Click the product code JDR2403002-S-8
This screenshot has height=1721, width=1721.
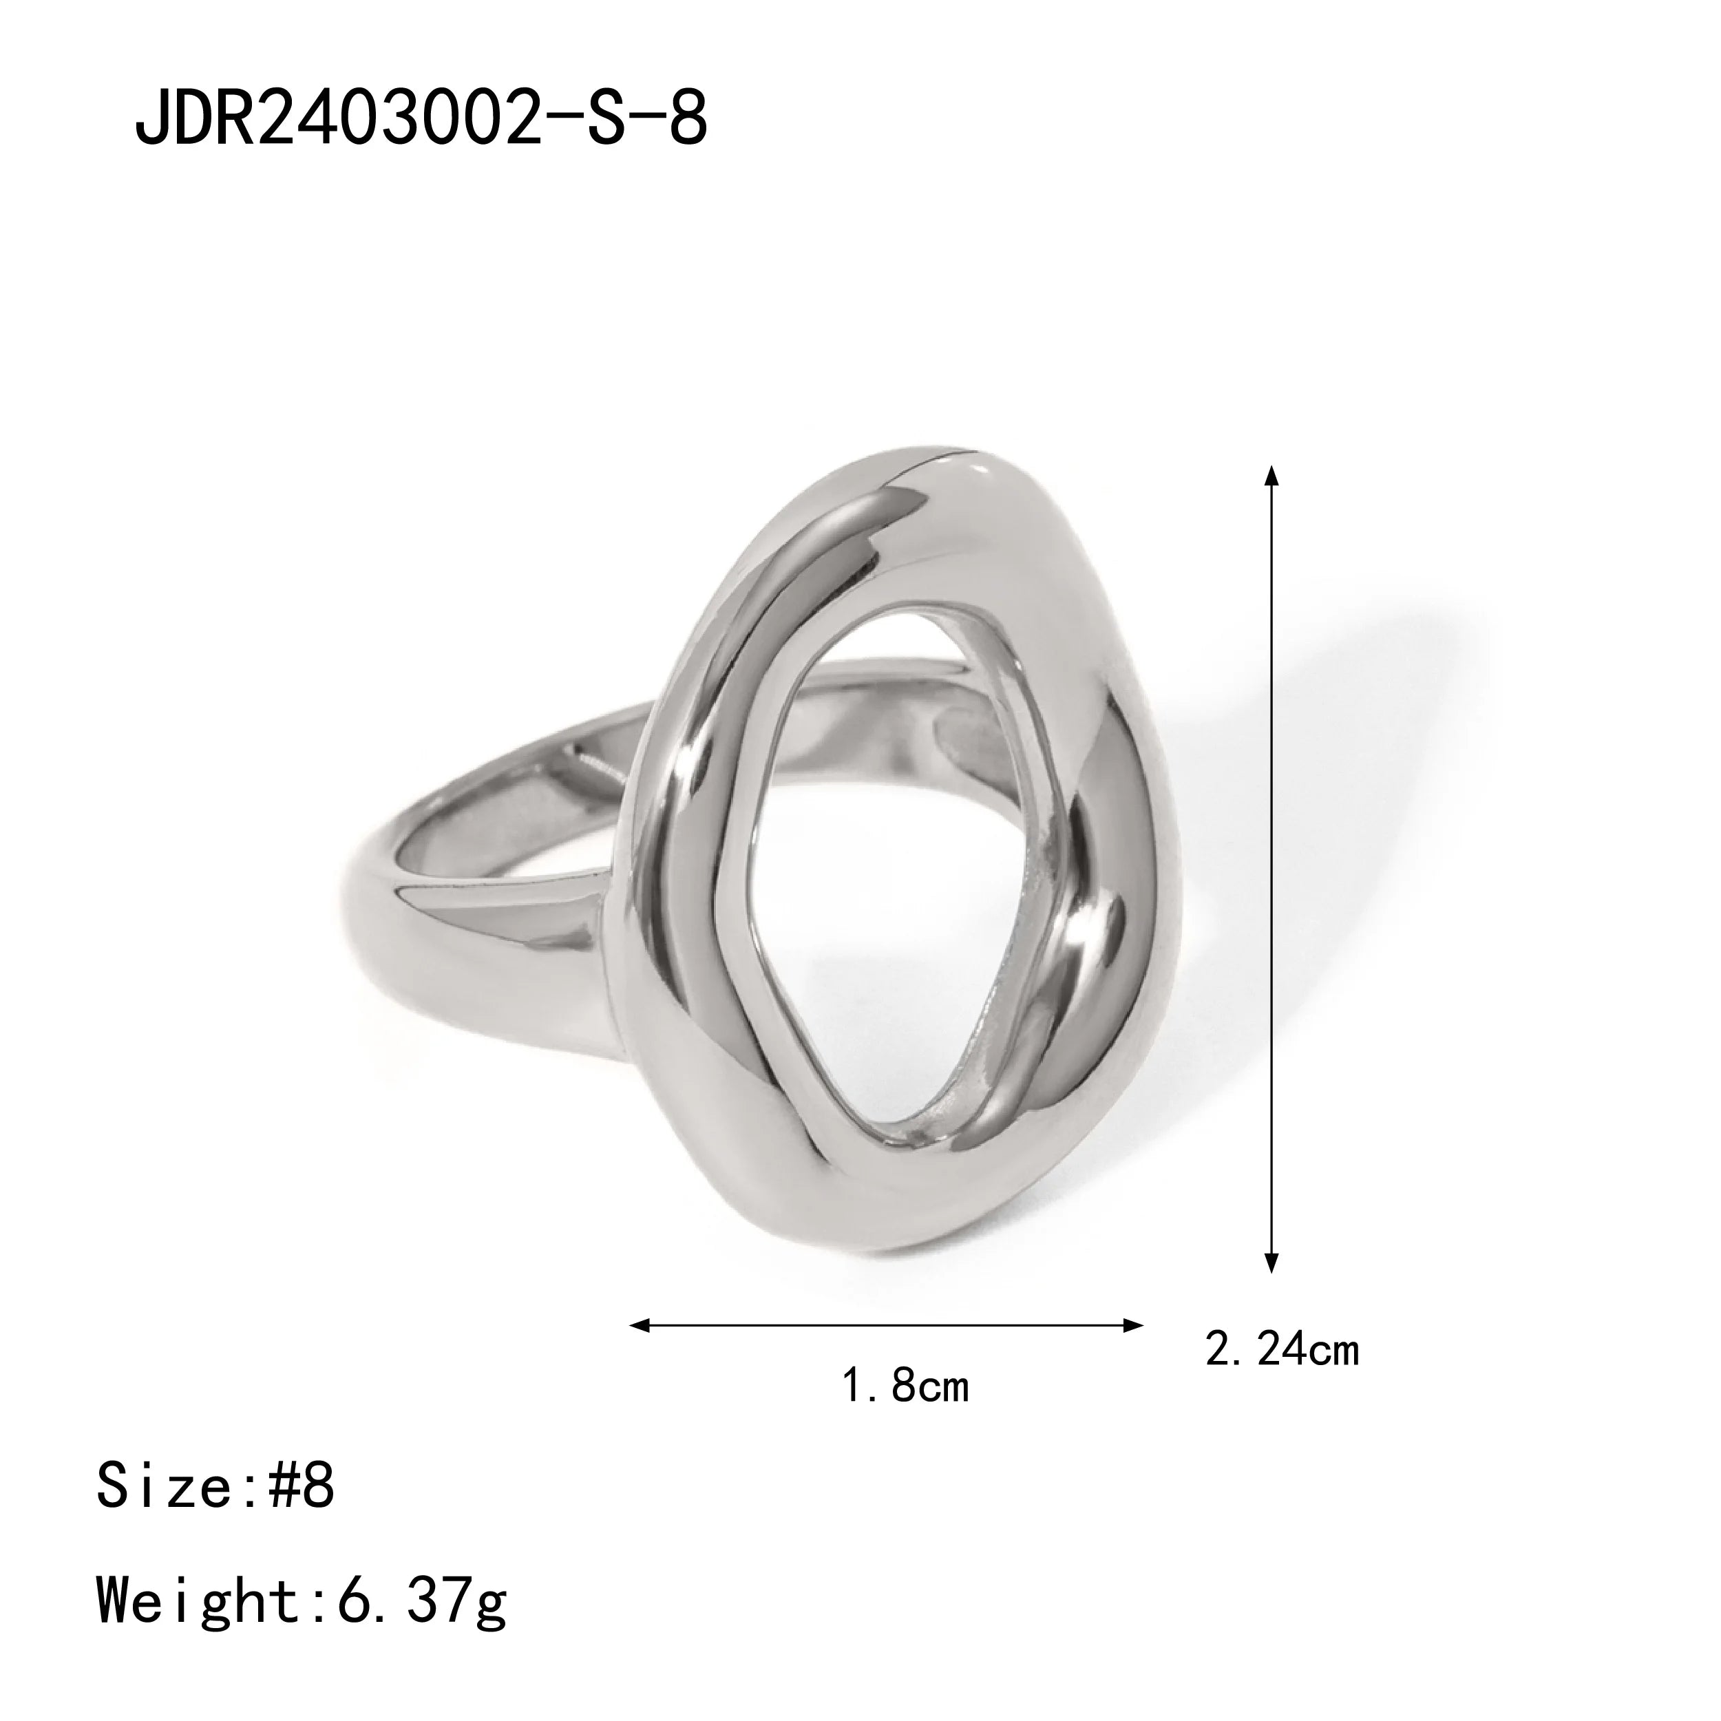click(421, 118)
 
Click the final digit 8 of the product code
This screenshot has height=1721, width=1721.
click(687, 118)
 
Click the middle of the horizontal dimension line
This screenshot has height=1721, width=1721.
click(887, 1325)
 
